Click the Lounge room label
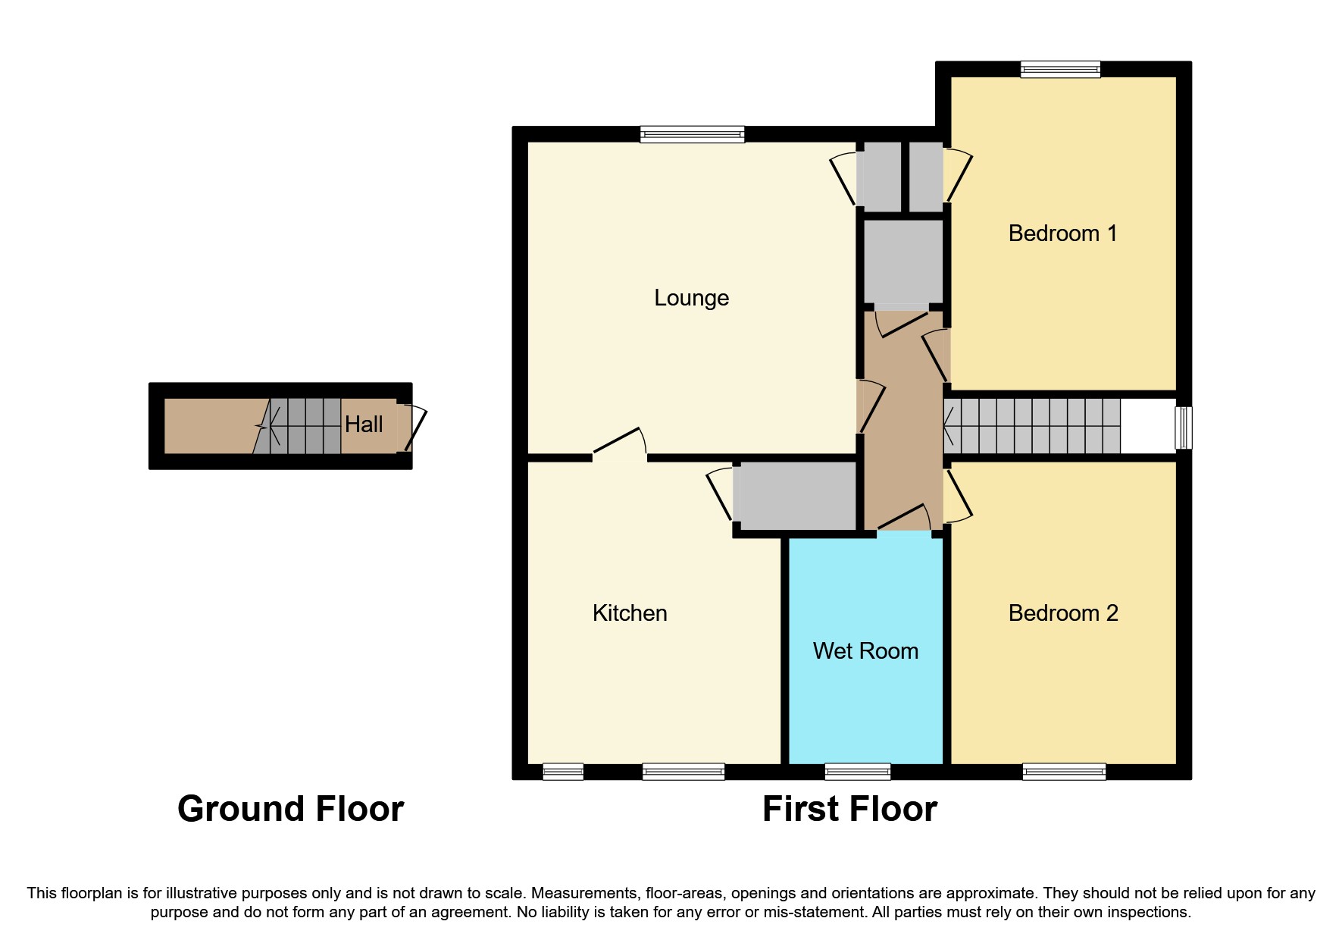pos(691,298)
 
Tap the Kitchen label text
pos(630,613)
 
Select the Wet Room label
pos(865,651)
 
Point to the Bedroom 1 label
pos(1062,233)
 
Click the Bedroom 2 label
pos(1063,613)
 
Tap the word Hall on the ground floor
pos(364,425)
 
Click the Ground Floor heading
pos(290,809)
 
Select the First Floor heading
pos(849,809)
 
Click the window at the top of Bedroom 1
pos(1060,70)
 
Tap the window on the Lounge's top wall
pos(692,135)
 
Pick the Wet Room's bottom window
pos(858,772)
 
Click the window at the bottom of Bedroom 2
pos(1064,772)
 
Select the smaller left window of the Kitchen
pos(563,772)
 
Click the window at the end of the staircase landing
pos(1184,428)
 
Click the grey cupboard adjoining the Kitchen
pos(797,496)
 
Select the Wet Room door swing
pos(905,518)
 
